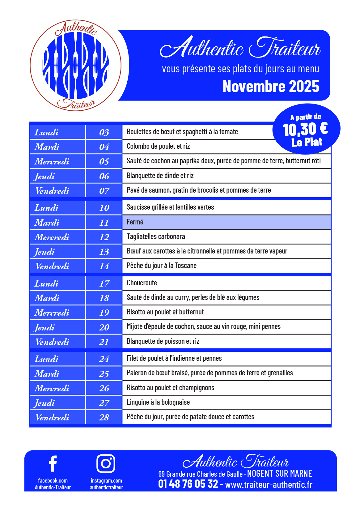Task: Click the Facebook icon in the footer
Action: [53, 463]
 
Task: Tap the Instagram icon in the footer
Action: [106, 463]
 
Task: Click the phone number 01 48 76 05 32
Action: [188, 484]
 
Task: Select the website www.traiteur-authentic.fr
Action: [269, 484]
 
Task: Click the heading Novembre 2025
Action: [271, 87]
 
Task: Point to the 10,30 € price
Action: [305, 129]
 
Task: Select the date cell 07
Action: [104, 191]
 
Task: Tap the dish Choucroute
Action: [142, 283]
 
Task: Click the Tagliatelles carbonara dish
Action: [156, 236]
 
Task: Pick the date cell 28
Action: [104, 417]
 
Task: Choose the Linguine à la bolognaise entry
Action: [158, 402]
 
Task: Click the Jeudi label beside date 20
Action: [44, 327]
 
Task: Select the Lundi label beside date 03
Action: [46, 132]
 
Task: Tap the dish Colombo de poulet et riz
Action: [158, 146]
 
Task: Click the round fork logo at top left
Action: [75, 66]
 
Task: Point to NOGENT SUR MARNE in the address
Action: [279, 474]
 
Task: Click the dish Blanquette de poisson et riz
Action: [163, 341]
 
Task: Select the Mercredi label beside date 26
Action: [52, 388]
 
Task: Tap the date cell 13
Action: [104, 252]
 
